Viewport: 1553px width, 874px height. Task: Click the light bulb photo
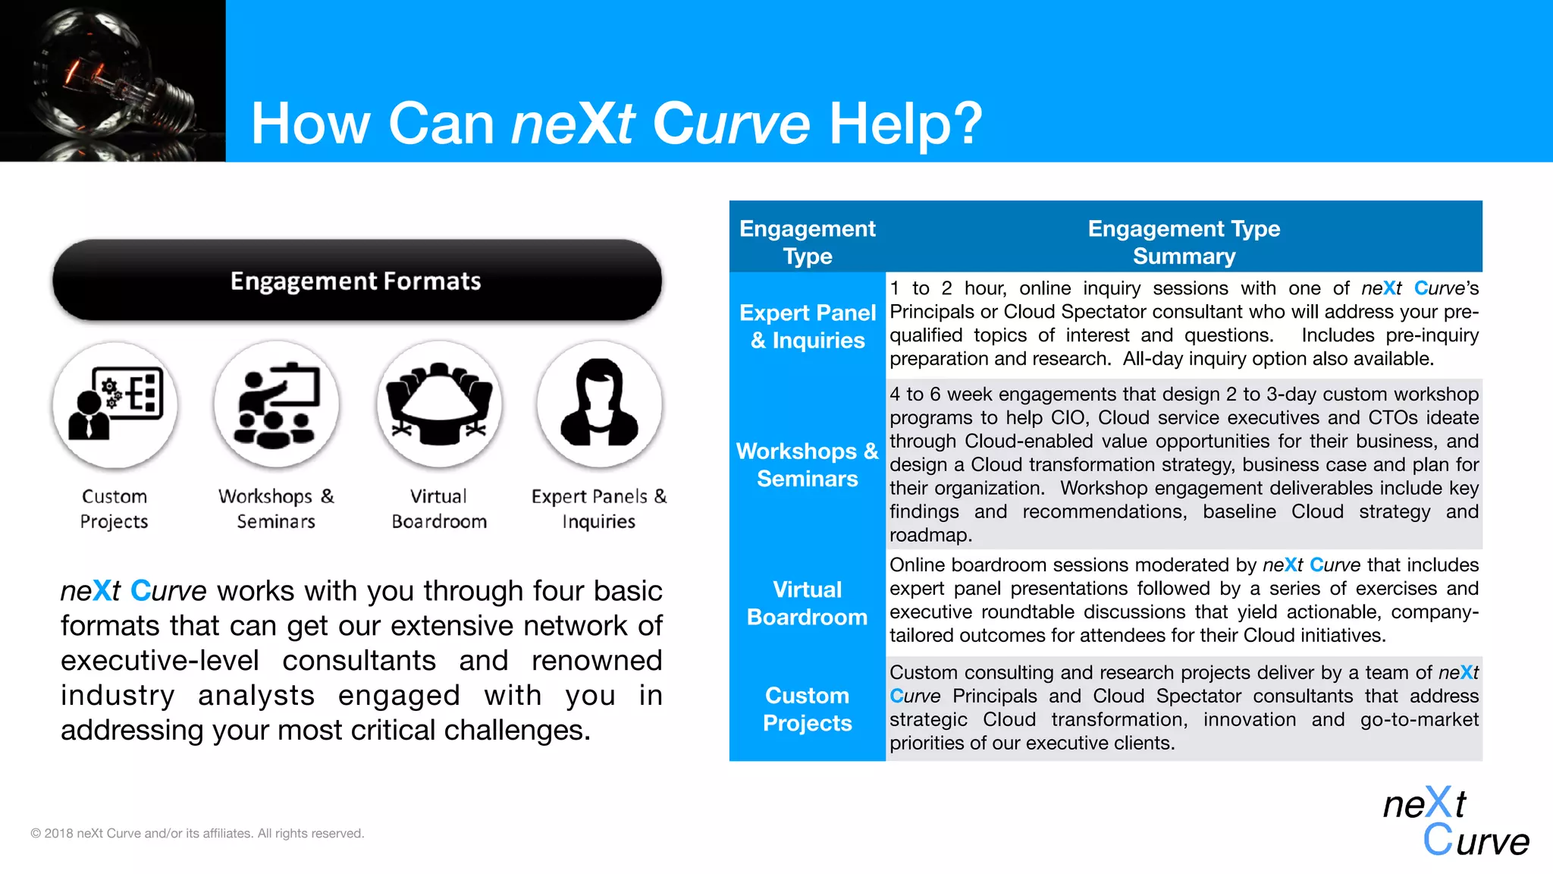coord(112,80)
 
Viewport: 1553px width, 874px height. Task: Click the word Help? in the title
coord(905,124)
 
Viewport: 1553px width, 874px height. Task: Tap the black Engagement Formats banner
coord(356,281)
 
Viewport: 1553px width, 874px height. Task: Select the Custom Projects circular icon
coord(115,405)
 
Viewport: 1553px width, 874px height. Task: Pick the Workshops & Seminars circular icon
coord(277,405)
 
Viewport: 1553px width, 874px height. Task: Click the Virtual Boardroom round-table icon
coord(439,405)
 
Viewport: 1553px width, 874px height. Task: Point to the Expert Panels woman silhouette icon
coord(599,405)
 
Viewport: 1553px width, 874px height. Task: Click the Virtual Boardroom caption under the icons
coord(439,508)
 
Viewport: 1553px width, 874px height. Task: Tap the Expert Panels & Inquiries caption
coord(599,508)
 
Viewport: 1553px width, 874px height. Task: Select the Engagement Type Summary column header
coord(1184,242)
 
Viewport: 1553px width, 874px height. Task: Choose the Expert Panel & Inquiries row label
coord(808,326)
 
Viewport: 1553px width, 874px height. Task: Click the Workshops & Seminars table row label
coord(808,464)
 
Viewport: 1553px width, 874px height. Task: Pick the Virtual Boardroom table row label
coord(808,603)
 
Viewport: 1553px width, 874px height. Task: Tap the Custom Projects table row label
coord(808,709)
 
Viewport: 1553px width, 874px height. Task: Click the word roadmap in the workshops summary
coord(930,536)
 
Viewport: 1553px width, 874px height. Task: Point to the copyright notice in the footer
coord(197,833)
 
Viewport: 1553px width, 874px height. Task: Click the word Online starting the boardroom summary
coord(918,565)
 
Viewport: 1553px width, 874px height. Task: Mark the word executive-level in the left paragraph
coord(159,661)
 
